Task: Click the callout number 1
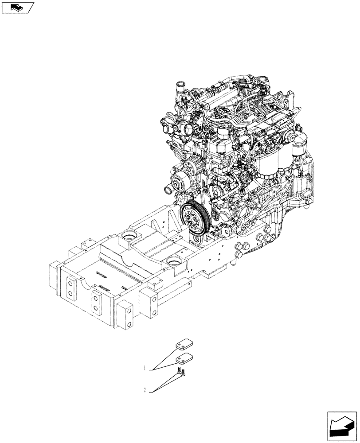tap(145, 368)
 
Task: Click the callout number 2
tap(145, 390)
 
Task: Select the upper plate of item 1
tap(182, 344)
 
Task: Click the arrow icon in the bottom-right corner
tap(341, 425)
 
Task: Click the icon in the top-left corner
tap(17, 7)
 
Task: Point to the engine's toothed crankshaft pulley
tap(194, 219)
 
